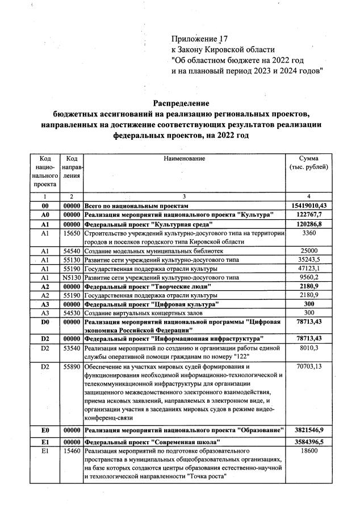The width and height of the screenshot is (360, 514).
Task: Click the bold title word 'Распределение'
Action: pos(179,103)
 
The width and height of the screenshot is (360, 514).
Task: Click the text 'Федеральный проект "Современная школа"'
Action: pos(152,441)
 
